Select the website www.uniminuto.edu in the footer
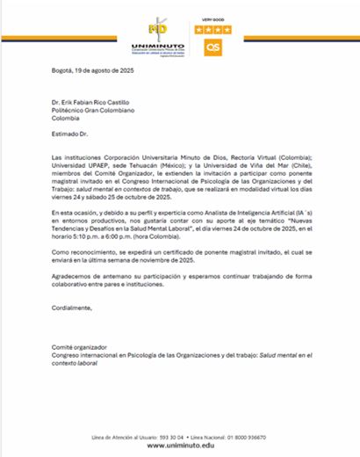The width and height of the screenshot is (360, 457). pos(181,446)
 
